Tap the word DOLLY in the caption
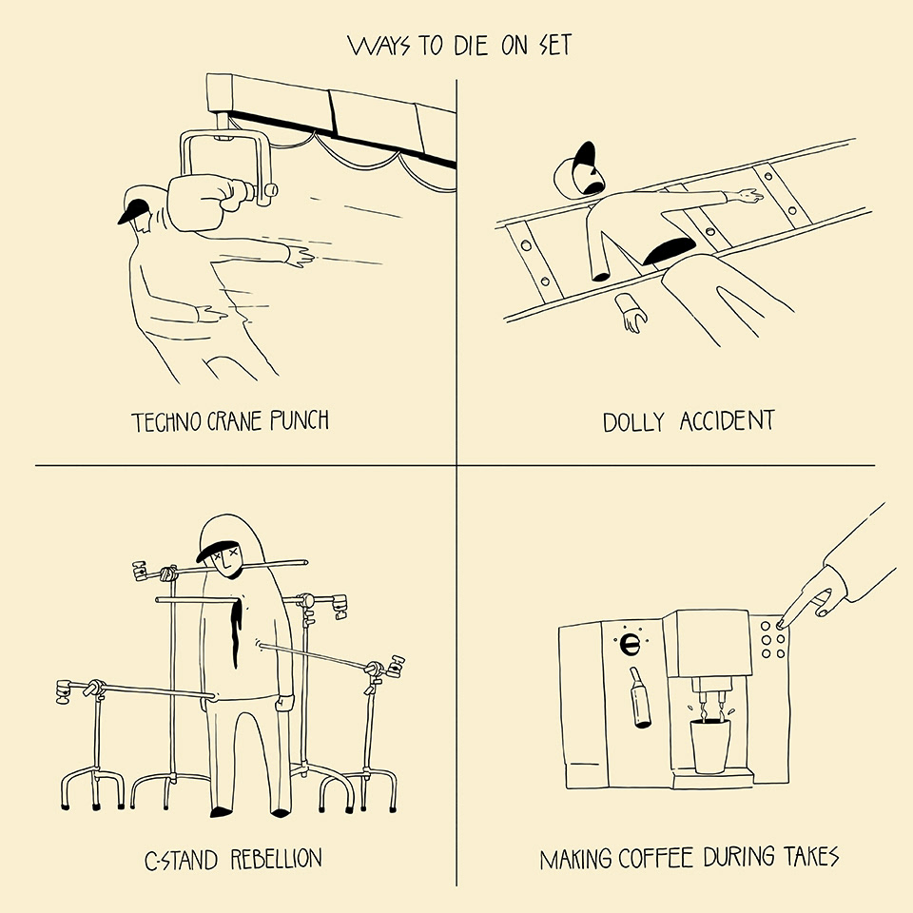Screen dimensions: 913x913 pyautogui.click(x=633, y=420)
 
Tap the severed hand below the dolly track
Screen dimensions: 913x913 pyautogui.click(x=630, y=313)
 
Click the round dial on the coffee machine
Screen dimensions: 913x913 pyautogui.click(x=629, y=644)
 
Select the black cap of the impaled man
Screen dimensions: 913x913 pyautogui.click(x=215, y=543)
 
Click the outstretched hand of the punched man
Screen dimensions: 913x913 pyautogui.click(x=302, y=255)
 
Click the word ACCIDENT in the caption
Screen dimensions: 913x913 pyautogui.click(x=726, y=420)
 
